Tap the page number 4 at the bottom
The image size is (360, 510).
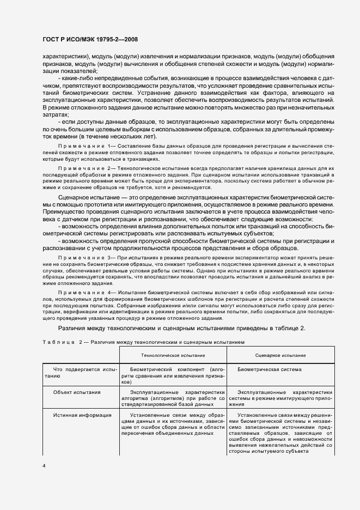click(x=44, y=466)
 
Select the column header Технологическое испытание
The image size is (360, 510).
click(x=166, y=355)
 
